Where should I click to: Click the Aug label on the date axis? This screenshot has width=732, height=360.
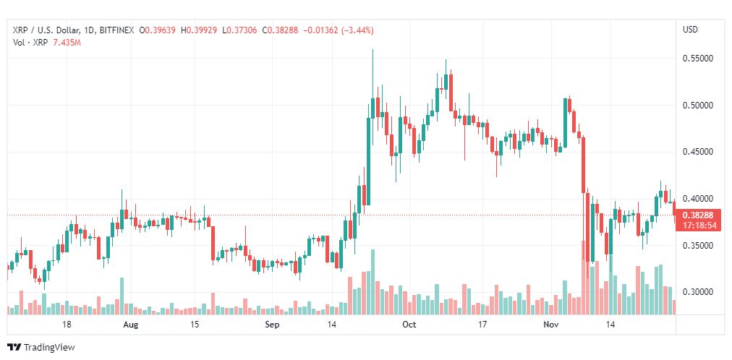pyautogui.click(x=130, y=325)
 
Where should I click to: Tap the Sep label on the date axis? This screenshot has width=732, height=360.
pyautogui.click(x=271, y=325)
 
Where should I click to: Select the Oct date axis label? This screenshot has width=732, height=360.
pyautogui.click(x=409, y=325)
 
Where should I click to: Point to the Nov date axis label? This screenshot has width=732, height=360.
pyautogui.click(x=551, y=325)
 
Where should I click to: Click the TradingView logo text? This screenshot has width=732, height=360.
pyautogui.click(x=48, y=348)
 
